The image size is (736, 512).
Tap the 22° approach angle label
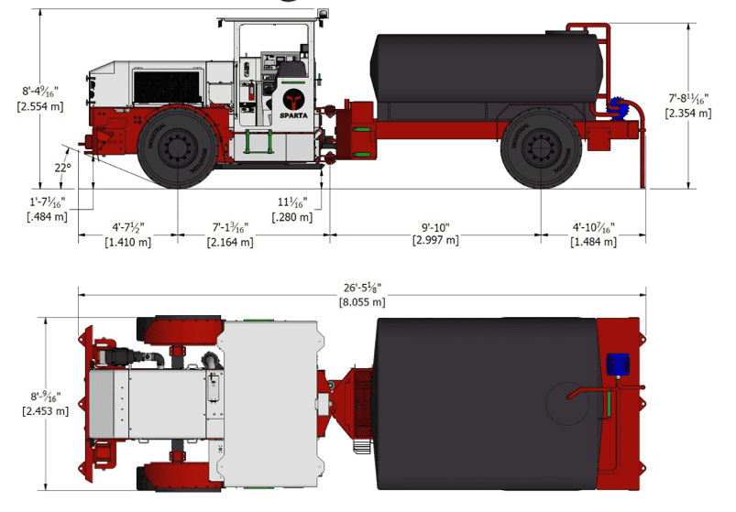coord(62,168)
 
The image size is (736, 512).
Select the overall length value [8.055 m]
coord(362,301)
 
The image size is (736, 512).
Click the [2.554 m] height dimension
coord(41,106)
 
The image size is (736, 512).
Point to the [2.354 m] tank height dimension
coord(688,113)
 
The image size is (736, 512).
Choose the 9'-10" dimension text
coord(435,227)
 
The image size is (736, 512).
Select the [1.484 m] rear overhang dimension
coord(593,242)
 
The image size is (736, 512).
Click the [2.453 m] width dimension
coord(45,411)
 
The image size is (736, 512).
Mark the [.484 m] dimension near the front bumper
coord(48,216)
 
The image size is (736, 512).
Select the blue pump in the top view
coord(615,364)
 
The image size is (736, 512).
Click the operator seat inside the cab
coord(291,70)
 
